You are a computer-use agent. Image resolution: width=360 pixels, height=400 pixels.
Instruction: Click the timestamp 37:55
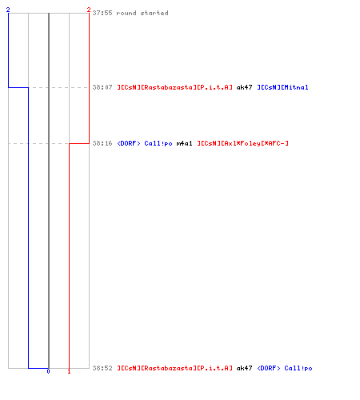coord(102,13)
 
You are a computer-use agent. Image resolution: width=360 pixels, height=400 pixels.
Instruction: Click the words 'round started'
coord(142,13)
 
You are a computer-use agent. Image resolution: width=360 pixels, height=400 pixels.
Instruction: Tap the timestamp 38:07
coord(102,87)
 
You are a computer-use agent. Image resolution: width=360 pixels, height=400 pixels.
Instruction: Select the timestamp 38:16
coord(102,143)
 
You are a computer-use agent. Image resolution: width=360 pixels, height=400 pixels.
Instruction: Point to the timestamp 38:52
coord(102,368)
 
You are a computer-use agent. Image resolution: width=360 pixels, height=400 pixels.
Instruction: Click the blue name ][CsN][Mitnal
coord(282,87)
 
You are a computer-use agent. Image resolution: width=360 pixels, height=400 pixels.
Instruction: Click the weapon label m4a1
coord(184,143)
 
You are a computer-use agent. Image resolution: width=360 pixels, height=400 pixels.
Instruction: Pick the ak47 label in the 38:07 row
coord(244,87)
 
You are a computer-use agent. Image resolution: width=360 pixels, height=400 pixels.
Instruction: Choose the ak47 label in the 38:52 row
coord(244,368)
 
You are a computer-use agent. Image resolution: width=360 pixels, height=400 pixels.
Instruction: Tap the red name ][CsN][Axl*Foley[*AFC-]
coord(242,143)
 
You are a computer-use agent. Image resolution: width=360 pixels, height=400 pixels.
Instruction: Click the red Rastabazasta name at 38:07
coord(174,87)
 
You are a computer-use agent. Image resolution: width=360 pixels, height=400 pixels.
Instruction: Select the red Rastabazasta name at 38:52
coord(174,368)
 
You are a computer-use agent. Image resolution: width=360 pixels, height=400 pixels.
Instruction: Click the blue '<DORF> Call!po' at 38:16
coord(145,143)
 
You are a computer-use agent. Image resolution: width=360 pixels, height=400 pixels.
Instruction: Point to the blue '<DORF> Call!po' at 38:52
coord(285,368)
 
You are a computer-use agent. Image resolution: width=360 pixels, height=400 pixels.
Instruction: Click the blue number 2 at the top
coord(8,10)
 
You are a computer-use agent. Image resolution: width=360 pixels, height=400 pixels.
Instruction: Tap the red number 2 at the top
coord(89,10)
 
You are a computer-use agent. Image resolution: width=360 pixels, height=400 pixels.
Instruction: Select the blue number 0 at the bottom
coord(48,371)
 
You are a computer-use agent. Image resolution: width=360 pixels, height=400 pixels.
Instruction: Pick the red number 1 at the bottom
coord(69,371)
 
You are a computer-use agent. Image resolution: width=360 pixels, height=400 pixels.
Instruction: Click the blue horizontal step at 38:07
coord(18,87)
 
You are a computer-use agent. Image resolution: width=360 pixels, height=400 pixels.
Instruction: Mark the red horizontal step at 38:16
coord(79,143)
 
